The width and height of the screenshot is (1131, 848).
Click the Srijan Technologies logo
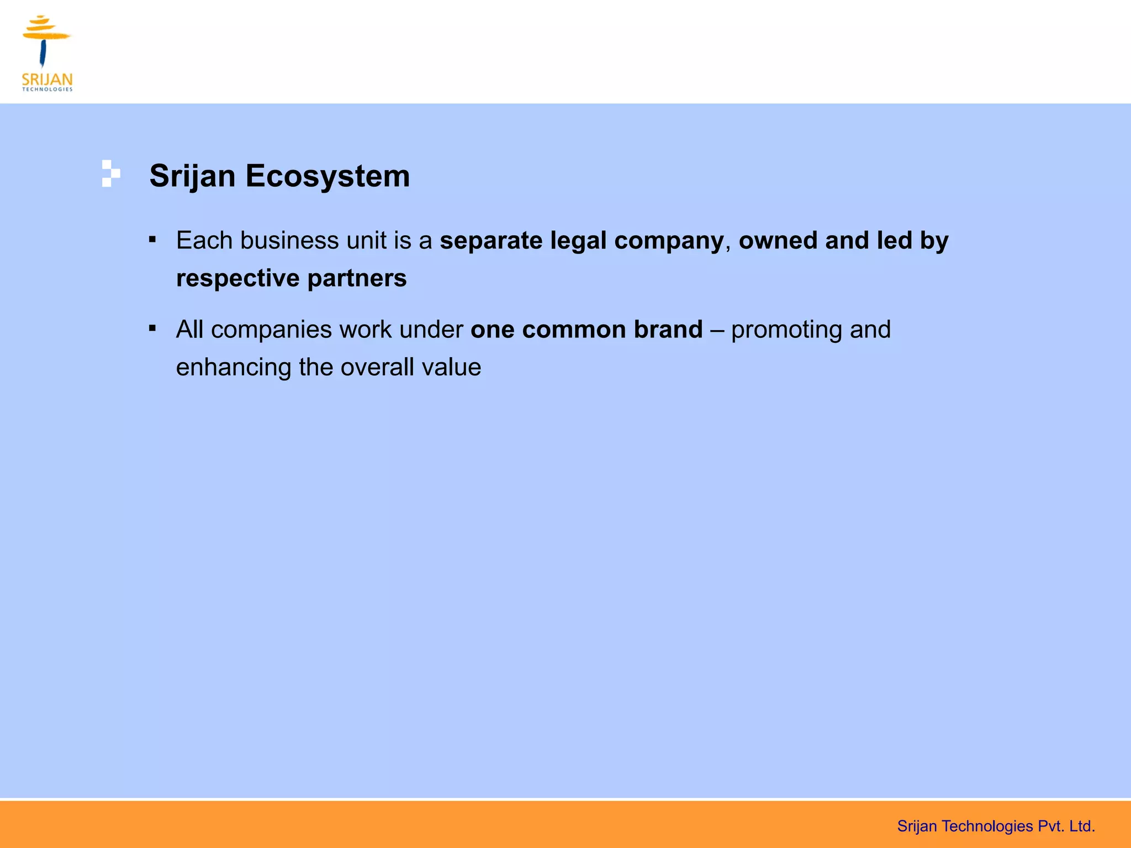47,53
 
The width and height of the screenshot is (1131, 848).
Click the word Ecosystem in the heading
327,176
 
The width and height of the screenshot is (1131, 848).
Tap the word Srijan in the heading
192,176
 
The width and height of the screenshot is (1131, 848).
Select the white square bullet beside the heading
110,173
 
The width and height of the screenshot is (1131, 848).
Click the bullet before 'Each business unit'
152,240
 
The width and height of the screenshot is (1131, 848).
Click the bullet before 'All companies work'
152,329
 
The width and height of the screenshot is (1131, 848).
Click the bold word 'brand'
668,330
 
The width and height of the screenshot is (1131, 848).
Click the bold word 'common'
574,330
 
